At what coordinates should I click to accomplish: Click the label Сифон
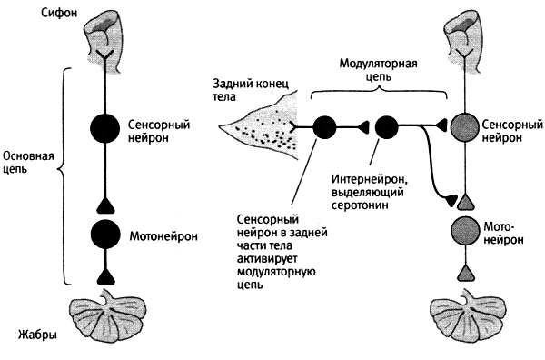(x=59, y=14)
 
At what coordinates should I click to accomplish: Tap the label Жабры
(x=37, y=335)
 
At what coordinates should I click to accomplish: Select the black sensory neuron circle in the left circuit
(x=104, y=128)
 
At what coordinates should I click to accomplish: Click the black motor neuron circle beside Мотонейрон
(x=104, y=234)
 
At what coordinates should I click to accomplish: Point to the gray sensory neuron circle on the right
(x=465, y=127)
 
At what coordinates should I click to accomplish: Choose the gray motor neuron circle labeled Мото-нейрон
(x=465, y=230)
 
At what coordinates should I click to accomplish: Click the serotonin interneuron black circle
(x=386, y=127)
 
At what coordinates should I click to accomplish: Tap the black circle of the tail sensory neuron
(x=324, y=127)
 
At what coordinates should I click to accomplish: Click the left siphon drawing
(x=105, y=42)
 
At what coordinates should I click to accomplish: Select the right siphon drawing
(x=465, y=42)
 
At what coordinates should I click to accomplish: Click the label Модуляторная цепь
(x=379, y=70)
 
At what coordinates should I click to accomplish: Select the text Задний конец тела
(x=251, y=90)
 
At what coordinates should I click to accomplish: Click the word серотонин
(x=360, y=205)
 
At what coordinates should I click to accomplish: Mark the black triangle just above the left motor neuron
(x=105, y=205)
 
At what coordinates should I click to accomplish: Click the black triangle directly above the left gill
(x=105, y=277)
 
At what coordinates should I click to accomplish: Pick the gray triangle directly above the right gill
(x=465, y=273)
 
